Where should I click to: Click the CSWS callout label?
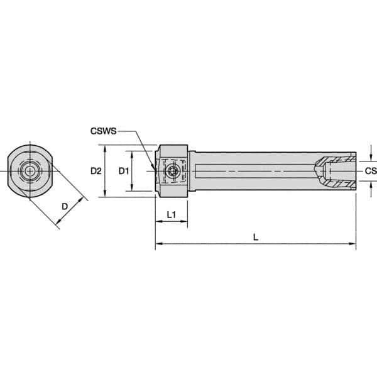click(x=102, y=132)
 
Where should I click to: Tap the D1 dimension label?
click(x=124, y=171)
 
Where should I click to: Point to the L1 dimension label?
click(x=170, y=216)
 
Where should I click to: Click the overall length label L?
click(x=254, y=237)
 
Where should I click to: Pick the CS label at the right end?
click(x=370, y=170)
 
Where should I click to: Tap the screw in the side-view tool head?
click(x=172, y=171)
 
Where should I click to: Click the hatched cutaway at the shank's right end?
click(x=334, y=171)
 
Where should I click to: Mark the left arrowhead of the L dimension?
click(x=158, y=243)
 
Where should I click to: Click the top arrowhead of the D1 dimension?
click(x=132, y=154)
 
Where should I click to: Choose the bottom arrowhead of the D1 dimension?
click(x=132, y=188)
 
